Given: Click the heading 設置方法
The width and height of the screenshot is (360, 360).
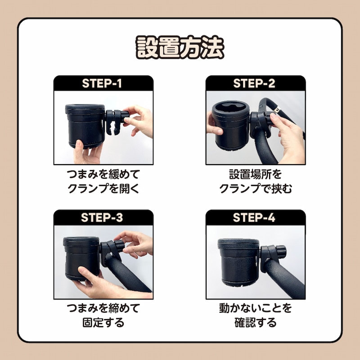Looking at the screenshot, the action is pos(180,48).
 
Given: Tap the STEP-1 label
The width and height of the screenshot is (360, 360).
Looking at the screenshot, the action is pos(102,83).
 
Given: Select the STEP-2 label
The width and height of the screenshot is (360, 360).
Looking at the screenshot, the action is pos(254,83).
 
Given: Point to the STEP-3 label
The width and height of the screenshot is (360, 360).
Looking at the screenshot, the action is pos(102,218).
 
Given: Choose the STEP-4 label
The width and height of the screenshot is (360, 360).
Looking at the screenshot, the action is pos(254,218).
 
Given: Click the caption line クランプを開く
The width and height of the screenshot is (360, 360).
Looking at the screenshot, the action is pos(103,189).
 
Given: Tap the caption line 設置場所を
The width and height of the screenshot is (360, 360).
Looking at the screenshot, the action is pos(256,175).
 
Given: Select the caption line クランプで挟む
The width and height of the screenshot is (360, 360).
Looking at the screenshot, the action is pos(256,189).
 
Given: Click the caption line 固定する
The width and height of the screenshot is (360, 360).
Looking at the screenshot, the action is pos(103,323).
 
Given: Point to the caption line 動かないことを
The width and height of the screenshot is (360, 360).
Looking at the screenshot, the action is pos(256,308).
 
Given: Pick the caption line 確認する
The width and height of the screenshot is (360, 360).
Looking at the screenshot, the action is pos(256,323).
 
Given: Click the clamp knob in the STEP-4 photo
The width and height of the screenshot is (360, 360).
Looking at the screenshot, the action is pos(280,252).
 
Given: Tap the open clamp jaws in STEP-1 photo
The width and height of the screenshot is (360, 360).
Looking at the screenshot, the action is pos(112,129).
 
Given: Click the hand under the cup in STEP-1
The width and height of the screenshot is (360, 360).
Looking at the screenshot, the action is pos(88,152).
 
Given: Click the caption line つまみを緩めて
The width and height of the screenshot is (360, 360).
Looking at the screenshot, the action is pos(103,175).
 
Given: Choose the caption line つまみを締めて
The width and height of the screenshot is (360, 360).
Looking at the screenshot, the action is pos(103,308).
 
